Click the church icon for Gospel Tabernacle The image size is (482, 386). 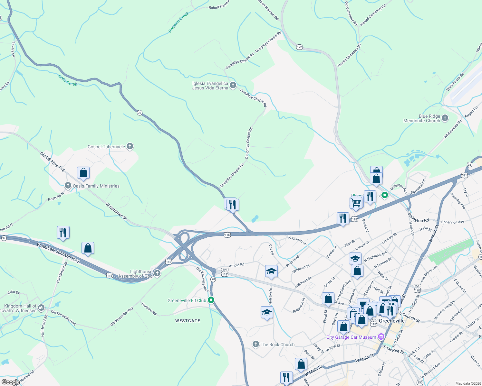(130, 147)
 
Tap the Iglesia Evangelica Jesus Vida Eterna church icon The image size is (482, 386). (233, 85)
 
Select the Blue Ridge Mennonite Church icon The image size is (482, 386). (445, 118)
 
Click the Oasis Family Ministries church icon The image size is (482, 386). (68, 186)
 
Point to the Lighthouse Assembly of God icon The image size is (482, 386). (157, 273)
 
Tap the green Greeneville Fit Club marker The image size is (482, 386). (211, 300)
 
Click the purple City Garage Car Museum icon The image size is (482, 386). (381, 337)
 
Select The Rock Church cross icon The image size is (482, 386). (256, 345)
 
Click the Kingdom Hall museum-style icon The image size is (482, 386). (41, 308)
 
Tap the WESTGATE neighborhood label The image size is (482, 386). (188, 321)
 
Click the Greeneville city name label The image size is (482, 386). (392, 321)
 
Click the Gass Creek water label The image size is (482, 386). (68, 80)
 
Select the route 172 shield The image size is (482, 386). (299, 47)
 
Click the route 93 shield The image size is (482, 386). (469, 164)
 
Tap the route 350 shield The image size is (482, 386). (420, 382)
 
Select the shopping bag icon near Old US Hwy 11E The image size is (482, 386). (83, 173)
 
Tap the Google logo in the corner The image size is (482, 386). (11, 382)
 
